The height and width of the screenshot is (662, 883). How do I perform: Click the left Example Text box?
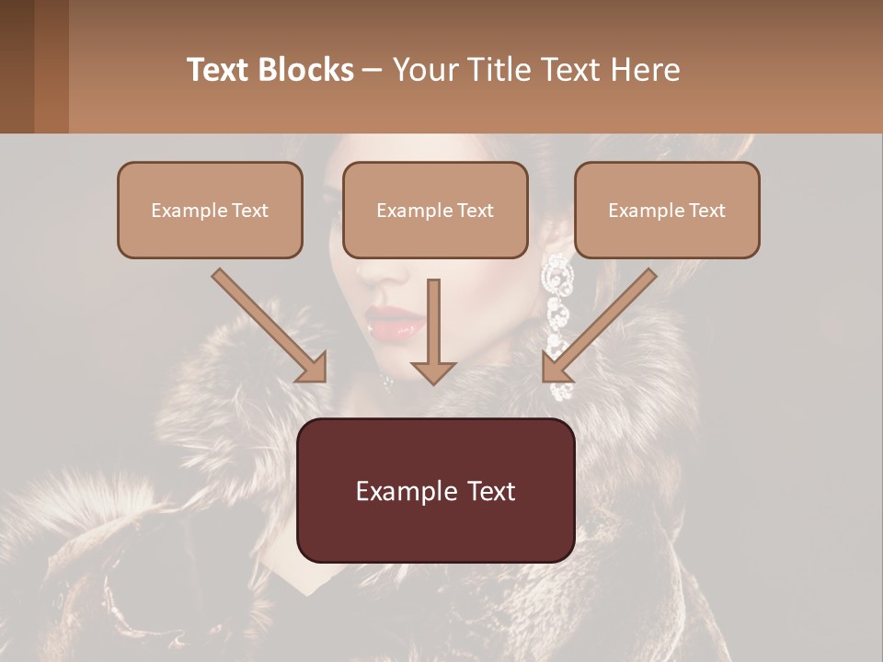(210, 210)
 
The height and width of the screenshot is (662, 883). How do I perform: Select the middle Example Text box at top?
(435, 210)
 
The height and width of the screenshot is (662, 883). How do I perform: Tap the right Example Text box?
(667, 210)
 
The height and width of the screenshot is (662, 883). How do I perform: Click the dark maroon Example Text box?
(435, 491)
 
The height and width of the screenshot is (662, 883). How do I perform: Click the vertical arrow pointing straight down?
(433, 331)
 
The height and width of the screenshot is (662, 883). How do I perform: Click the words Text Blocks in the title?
(270, 70)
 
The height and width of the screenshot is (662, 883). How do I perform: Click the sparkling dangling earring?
(557, 313)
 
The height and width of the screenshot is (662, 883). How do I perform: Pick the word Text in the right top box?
(707, 210)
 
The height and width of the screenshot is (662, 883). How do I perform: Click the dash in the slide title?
(373, 70)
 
